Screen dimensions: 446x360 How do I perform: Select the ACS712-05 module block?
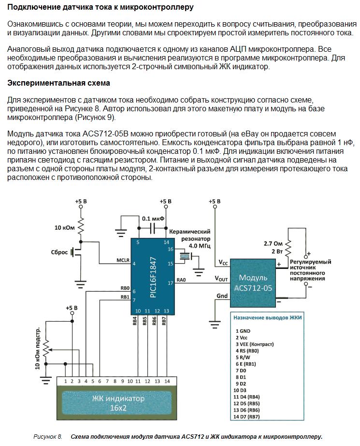tap(253, 282)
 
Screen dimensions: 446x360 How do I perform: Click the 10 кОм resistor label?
tap(64, 227)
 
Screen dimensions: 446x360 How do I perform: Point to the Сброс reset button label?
tap(59, 252)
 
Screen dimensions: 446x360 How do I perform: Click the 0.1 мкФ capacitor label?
tap(153, 218)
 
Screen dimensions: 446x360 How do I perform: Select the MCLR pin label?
tap(123, 260)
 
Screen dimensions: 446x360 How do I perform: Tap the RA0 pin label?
tap(181, 280)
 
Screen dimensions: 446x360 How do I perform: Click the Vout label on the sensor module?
tap(221, 279)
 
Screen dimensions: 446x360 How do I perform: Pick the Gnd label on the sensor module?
tap(222, 296)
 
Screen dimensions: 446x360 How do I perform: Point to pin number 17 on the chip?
tap(170, 282)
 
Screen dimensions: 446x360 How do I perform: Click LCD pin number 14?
tap(167, 381)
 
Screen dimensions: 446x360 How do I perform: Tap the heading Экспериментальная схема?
tap(58, 83)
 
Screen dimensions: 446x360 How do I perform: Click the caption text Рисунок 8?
tap(47, 437)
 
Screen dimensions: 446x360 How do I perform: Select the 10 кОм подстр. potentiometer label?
tap(38, 349)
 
